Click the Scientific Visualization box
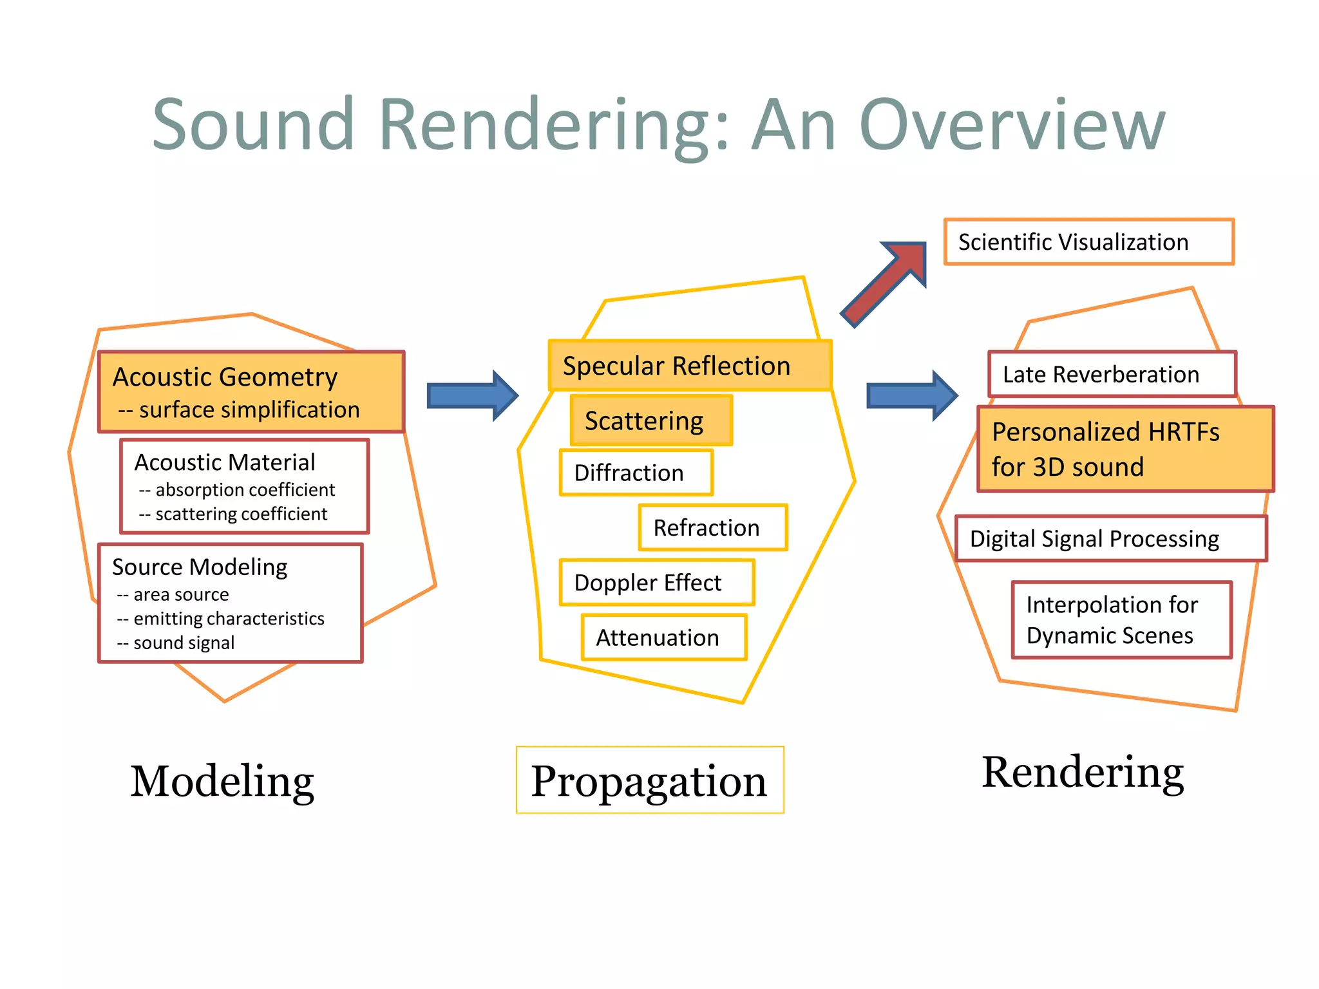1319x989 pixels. point(1088,242)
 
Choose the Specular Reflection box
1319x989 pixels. point(690,366)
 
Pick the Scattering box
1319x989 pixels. point(651,421)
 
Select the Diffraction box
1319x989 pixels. point(636,473)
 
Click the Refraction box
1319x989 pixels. point(712,528)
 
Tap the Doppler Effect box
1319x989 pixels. point(656,583)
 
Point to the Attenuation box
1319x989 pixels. point(663,637)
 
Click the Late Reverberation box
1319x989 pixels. point(1112,374)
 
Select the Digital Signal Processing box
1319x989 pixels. point(1110,539)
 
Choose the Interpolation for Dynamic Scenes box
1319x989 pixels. point(1121,620)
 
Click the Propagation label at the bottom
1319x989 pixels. point(649,780)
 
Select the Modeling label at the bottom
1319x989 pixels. point(222,780)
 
